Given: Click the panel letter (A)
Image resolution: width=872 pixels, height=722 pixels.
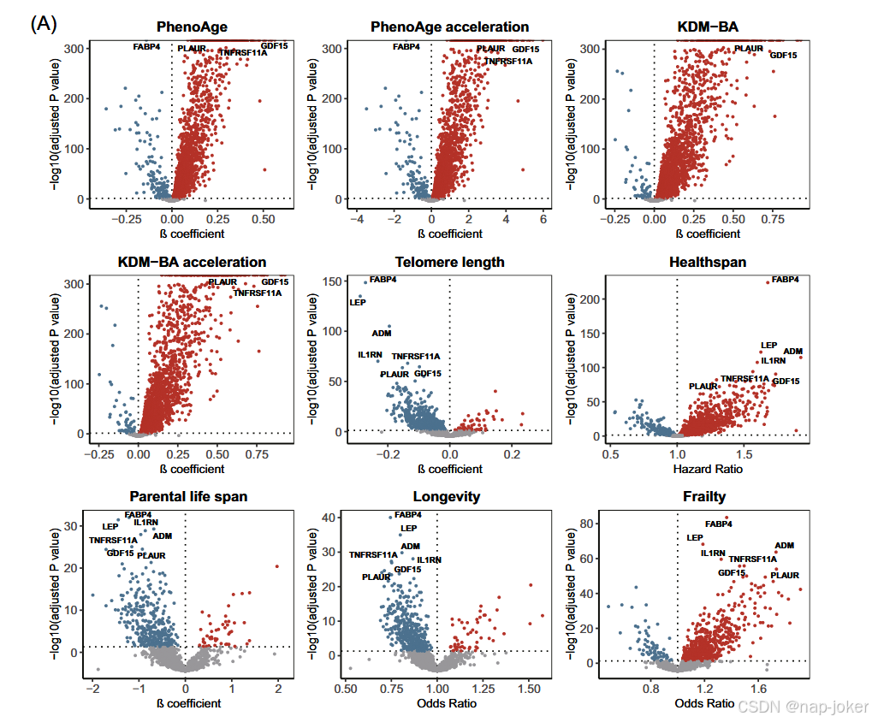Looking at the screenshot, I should point(44,24).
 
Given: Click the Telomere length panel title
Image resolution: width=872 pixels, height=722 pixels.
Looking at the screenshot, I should point(449,262).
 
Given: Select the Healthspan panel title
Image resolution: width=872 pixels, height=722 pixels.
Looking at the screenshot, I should point(707,262).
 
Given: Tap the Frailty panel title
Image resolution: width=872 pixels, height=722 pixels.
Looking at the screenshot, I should point(704,496).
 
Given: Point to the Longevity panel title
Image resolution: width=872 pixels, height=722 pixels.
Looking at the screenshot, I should point(446,496).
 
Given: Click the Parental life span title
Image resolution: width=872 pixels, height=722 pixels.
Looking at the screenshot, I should point(188,496).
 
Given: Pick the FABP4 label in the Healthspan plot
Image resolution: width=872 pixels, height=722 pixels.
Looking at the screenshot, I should point(785,280).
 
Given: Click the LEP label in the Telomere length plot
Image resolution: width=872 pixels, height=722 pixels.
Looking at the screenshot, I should point(357,302).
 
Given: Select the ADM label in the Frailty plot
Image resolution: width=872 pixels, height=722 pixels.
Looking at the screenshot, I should point(784,545).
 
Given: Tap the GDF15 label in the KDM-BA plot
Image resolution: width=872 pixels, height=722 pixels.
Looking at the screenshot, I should point(783,56).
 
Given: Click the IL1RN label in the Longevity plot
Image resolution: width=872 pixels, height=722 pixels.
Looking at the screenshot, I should point(429,559).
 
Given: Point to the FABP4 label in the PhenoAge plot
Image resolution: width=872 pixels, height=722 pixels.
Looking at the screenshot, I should point(146,47).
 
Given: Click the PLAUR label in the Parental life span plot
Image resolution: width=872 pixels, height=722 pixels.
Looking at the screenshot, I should point(151,555).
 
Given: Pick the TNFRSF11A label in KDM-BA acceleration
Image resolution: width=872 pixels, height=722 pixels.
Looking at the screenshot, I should point(257,293).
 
